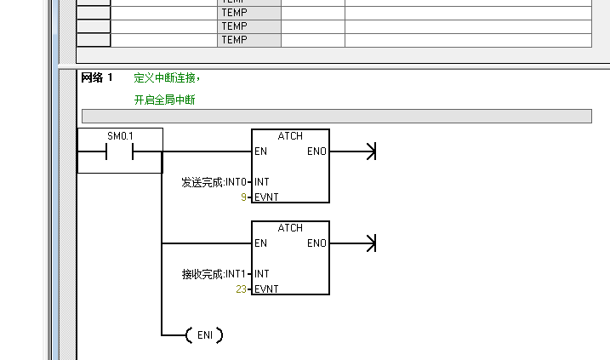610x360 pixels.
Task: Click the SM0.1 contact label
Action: point(120,136)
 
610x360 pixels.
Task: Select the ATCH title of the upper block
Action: point(290,136)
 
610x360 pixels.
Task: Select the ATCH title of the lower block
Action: point(290,228)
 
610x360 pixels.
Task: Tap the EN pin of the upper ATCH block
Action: point(260,151)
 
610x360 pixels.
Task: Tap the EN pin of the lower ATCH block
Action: point(260,243)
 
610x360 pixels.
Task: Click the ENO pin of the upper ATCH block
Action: point(316,151)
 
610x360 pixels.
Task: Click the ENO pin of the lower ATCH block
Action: point(316,243)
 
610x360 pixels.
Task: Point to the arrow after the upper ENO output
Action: point(369,151)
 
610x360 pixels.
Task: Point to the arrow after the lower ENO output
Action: point(369,243)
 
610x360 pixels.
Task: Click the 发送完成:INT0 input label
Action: point(214,182)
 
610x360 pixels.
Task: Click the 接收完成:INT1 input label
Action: point(214,274)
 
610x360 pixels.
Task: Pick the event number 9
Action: point(243,197)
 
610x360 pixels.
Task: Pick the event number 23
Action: point(242,289)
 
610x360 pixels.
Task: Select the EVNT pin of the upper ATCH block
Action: point(266,197)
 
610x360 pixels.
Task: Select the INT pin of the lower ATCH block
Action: point(262,274)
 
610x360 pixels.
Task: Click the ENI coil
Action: point(204,335)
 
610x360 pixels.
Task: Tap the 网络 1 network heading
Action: point(96,78)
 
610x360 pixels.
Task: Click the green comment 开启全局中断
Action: point(164,100)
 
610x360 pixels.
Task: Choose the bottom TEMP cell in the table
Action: point(234,40)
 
